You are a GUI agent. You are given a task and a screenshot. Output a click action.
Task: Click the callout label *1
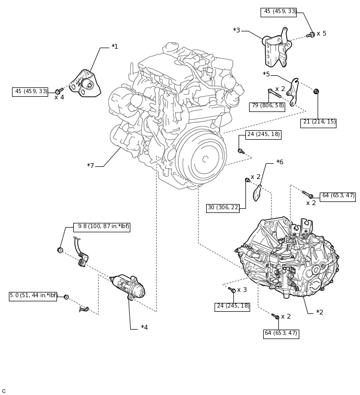click(115, 47)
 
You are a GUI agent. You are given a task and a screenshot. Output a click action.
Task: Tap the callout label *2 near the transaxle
click(319, 312)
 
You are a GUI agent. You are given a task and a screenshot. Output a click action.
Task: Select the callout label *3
click(237, 30)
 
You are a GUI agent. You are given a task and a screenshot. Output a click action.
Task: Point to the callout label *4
click(144, 328)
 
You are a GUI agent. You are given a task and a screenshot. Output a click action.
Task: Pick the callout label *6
click(279, 162)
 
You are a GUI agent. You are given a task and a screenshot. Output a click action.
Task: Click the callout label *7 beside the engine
click(91, 166)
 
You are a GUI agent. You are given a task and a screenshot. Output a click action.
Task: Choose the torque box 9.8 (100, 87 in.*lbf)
click(102, 227)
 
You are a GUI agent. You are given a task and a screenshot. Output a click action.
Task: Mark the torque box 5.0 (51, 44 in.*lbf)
click(33, 296)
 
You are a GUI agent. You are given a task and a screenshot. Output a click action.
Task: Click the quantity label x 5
click(321, 33)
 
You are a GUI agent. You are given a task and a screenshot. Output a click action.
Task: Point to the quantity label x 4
click(59, 97)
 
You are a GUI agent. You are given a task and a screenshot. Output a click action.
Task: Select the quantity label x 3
click(242, 290)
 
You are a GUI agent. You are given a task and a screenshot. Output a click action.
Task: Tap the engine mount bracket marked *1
click(85, 84)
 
